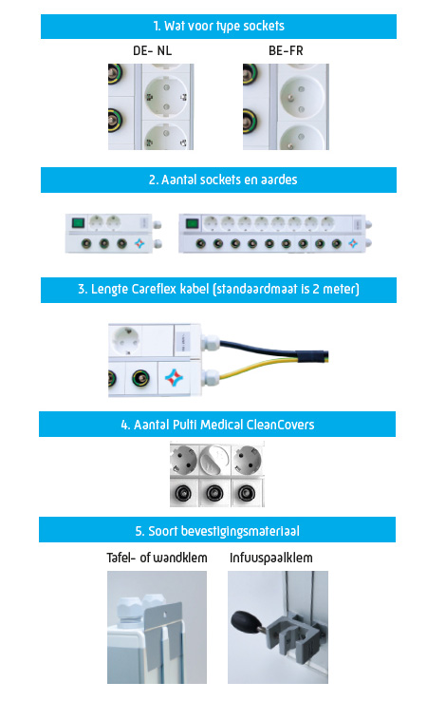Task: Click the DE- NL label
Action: [x=152, y=50]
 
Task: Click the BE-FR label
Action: [x=286, y=50]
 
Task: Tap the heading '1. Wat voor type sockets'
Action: [x=218, y=26]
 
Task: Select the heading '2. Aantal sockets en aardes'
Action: [x=223, y=180]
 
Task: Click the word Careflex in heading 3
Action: [x=153, y=289]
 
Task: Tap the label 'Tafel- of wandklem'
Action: [x=157, y=558]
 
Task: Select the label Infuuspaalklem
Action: [x=271, y=558]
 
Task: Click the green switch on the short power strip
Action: [x=79, y=222]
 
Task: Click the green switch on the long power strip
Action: [x=192, y=222]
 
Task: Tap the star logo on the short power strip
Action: [x=139, y=244]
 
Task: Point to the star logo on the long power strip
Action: [x=353, y=243]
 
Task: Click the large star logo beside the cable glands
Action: [x=174, y=377]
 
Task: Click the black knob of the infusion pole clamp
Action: [x=244, y=621]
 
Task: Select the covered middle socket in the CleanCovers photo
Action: [x=214, y=459]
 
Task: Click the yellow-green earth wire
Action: [x=268, y=364]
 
